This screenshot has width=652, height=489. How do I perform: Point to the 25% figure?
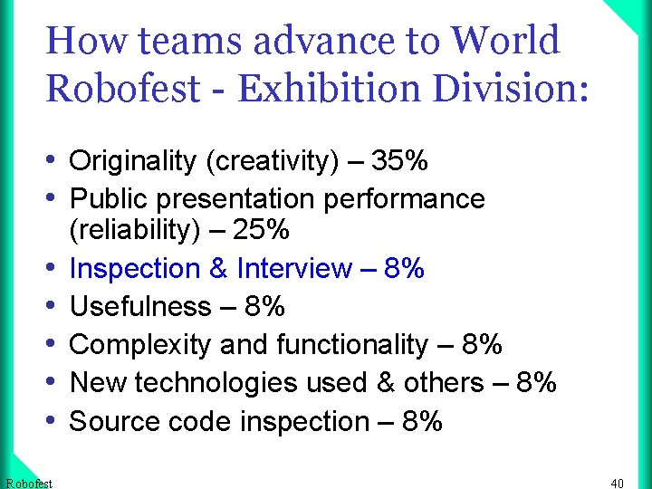point(261,230)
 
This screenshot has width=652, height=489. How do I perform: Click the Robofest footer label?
point(29,483)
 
